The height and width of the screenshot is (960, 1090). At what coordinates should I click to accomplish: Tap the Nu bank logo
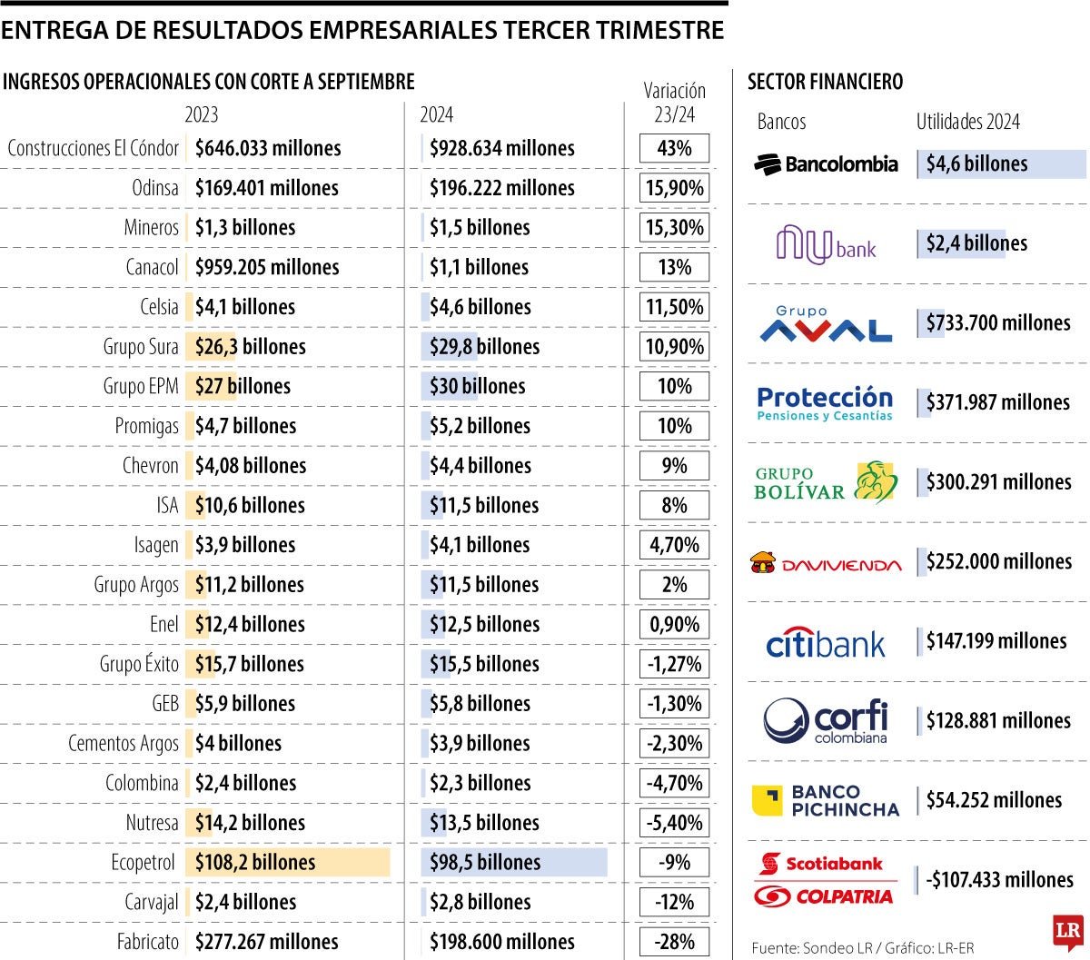click(x=826, y=244)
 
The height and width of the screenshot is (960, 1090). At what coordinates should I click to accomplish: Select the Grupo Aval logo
click(x=826, y=324)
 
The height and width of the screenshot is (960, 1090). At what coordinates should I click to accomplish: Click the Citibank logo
click(x=826, y=643)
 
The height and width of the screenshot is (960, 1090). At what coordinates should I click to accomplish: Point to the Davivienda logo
click(x=826, y=564)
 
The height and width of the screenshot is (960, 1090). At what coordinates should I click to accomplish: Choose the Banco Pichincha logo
click(x=826, y=801)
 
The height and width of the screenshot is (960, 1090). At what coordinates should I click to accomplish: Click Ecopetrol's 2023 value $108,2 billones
click(x=255, y=863)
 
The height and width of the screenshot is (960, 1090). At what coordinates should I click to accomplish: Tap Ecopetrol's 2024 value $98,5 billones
click(x=485, y=863)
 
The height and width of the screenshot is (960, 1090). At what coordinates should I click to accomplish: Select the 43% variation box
click(x=674, y=148)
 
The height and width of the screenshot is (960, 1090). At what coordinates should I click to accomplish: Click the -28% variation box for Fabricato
click(x=674, y=942)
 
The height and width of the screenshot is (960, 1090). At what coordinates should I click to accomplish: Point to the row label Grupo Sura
click(x=141, y=347)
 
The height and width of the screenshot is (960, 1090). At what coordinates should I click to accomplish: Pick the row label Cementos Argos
click(x=124, y=744)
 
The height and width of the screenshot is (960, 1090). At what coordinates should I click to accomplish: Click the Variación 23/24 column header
click(x=674, y=102)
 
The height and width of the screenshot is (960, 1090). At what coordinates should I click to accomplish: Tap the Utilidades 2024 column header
click(x=967, y=122)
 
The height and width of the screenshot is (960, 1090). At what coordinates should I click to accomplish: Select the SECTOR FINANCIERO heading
click(x=825, y=82)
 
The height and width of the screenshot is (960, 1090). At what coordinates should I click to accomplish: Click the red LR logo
click(x=1067, y=932)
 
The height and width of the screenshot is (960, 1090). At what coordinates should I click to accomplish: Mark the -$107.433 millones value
click(x=999, y=880)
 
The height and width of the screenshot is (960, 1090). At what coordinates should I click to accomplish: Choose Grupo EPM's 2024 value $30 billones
click(x=477, y=386)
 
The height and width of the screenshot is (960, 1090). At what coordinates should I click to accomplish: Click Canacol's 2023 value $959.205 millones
click(x=267, y=267)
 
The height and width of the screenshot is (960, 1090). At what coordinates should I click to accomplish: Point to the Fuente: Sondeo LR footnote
click(x=862, y=948)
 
